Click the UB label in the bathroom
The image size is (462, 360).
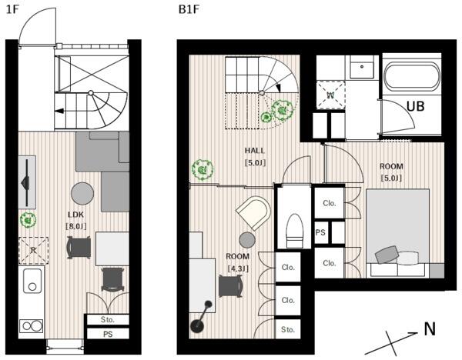pos(416,106)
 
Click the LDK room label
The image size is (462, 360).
pos(75,215)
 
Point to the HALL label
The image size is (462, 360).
pos(255,151)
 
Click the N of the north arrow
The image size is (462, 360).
pos(430,329)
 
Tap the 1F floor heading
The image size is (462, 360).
pos(12,9)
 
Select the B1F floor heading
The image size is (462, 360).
pos(189,9)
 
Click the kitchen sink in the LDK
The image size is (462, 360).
pos(32,281)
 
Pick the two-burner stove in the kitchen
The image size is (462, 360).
pos(32,326)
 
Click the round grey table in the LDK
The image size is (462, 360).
pos(82,193)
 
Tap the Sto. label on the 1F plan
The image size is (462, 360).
pos(107,320)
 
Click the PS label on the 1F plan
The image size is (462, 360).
pos(108,335)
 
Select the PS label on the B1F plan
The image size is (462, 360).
pos(320,232)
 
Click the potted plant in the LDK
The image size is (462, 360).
pos(28,219)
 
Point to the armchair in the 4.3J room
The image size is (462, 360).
pos(253,212)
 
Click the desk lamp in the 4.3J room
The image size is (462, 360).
pos(202,318)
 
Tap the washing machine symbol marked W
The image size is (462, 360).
pos(330,95)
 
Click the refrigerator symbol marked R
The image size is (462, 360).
pos(33,251)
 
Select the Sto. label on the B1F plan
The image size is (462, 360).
pos(287,329)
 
